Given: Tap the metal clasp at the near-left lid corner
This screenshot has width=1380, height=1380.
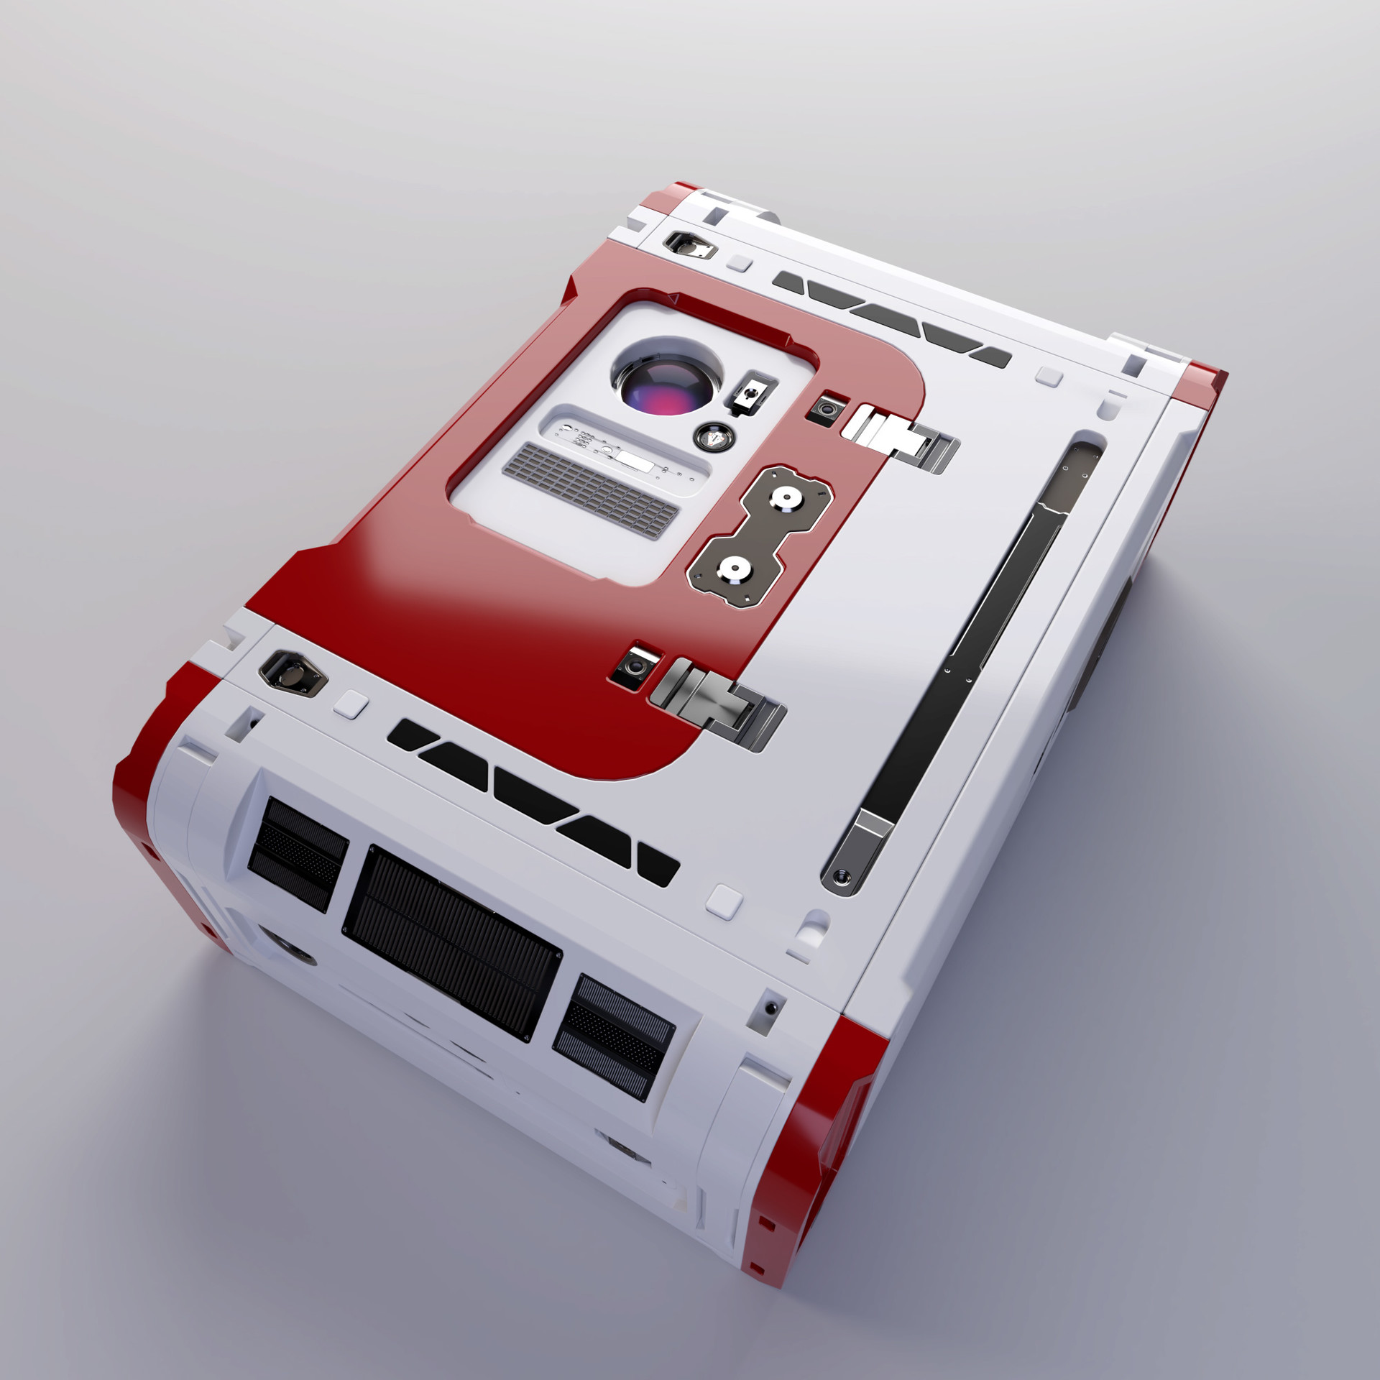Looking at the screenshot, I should tap(293, 671).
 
